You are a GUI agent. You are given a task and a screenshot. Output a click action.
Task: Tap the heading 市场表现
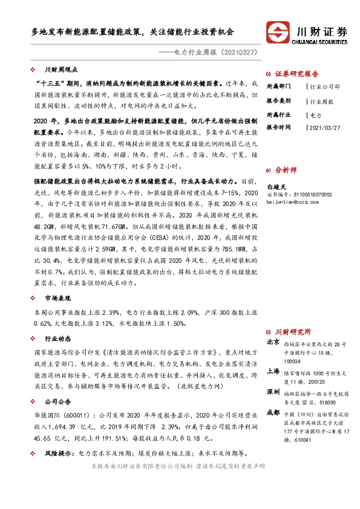coord(59,298)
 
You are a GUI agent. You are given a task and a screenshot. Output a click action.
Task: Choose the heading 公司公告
coord(59,401)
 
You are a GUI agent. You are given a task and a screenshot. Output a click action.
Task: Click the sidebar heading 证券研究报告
coord(296,73)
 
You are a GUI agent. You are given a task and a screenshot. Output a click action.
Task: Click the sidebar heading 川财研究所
coord(293,332)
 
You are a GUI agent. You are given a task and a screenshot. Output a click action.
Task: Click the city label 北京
coord(273,342)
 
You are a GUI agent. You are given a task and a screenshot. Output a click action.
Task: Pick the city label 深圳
coord(273,392)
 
